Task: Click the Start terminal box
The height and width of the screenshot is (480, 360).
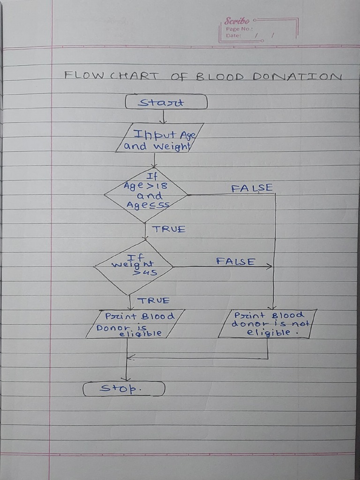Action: (x=166, y=102)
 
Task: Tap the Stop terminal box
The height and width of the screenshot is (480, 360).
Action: (x=124, y=389)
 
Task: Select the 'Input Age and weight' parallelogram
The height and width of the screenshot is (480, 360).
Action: (x=159, y=138)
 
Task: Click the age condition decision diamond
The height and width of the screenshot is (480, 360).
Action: (x=146, y=195)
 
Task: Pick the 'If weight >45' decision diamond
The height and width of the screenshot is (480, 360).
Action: (x=134, y=267)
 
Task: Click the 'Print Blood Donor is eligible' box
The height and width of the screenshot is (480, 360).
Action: (x=135, y=324)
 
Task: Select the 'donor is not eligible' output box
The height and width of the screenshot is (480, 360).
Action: (x=268, y=323)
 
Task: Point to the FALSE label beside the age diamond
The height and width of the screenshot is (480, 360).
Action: (x=252, y=188)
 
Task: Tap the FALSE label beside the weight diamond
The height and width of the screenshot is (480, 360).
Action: (x=236, y=261)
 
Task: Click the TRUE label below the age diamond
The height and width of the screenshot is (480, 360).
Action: (x=168, y=229)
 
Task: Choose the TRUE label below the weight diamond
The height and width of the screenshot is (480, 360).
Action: (x=153, y=300)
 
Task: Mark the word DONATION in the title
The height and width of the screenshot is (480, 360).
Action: (x=297, y=76)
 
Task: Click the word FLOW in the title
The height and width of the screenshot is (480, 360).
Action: (x=84, y=75)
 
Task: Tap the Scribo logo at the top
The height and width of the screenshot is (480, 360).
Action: (x=237, y=21)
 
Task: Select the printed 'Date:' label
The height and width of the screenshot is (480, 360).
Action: (x=233, y=35)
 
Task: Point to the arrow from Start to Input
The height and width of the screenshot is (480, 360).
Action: (x=163, y=116)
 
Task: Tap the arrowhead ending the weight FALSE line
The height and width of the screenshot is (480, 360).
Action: (x=269, y=266)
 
